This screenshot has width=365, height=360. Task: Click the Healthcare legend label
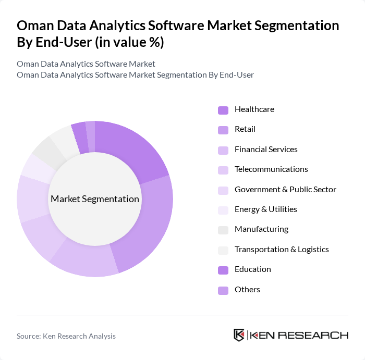(254, 109)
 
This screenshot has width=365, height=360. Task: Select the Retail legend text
(245, 129)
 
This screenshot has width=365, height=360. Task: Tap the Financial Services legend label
(266, 150)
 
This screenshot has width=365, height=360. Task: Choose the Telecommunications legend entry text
(271, 169)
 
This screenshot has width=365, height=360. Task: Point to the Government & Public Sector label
(285, 190)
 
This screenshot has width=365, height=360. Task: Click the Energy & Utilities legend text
(265, 209)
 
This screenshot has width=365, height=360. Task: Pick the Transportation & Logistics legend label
(282, 250)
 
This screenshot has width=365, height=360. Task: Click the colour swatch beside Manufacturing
(223, 230)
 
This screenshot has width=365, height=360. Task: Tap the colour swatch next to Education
(223, 270)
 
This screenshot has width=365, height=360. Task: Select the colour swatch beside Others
(223, 290)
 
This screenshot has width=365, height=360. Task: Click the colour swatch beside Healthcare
(223, 110)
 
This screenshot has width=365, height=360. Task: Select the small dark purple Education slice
(80, 138)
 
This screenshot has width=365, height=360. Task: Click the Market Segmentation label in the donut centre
(95, 199)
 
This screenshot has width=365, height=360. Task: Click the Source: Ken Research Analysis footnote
(66, 337)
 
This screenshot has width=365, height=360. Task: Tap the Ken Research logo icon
(239, 335)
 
